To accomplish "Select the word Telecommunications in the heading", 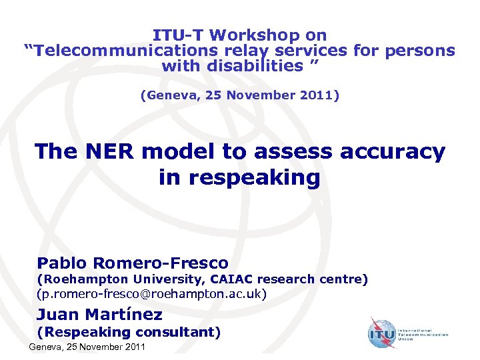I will tap(121, 51).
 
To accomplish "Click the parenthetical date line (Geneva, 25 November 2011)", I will tap(239, 95).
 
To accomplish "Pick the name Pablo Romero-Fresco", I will tap(133, 263).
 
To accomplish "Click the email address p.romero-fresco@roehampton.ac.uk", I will tap(153, 294).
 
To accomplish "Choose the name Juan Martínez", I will tap(100, 314).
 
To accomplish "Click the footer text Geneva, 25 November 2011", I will tap(87, 347).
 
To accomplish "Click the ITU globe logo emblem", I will tap(383, 333).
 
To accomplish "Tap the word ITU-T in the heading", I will tap(175, 35).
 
